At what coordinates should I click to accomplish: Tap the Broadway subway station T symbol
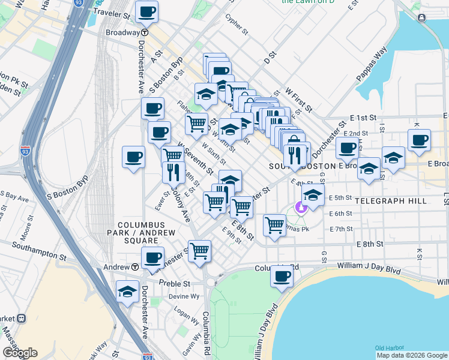point(145,32)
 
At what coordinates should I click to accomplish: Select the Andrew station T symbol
point(136,266)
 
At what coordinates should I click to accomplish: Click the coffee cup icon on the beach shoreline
point(281,276)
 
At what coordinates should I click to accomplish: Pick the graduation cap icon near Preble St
point(127,292)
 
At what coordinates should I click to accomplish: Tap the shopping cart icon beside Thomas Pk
point(274,226)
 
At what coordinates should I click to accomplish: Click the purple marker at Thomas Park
point(302,208)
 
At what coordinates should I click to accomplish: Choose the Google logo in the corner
point(20,353)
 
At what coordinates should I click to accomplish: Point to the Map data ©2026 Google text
point(411,355)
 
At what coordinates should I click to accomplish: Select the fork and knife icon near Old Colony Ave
point(173,172)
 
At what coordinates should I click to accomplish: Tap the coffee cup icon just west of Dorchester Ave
point(133,157)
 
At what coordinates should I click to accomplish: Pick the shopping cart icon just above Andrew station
point(199,251)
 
